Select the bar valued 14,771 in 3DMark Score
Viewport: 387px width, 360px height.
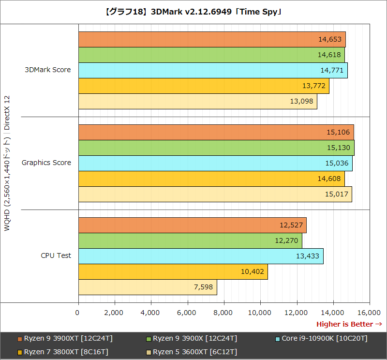(212, 71)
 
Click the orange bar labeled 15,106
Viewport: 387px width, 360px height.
(216, 132)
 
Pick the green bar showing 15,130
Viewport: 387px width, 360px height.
(216, 148)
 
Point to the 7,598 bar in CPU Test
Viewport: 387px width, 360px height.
(148, 287)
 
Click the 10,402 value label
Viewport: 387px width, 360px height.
(253, 271)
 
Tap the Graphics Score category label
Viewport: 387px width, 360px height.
(46, 163)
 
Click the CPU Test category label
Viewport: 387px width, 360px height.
(56, 255)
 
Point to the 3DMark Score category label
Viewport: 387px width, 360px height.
(48, 70)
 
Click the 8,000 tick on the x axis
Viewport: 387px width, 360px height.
(223, 313)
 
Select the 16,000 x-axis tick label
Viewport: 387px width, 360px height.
(369, 313)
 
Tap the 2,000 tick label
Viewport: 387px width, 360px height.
(114, 313)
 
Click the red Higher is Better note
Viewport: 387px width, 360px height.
(349, 324)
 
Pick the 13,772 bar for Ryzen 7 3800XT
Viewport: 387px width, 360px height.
(203, 86)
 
